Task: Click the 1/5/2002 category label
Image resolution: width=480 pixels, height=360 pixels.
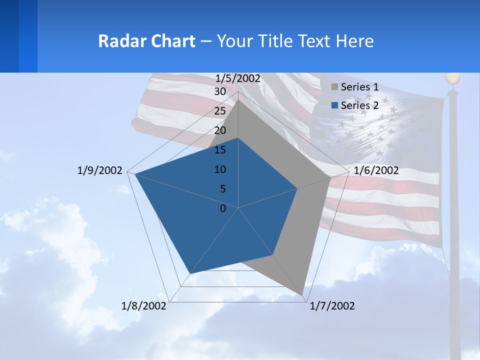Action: click(238, 78)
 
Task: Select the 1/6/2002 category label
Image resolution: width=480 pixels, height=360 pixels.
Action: click(376, 170)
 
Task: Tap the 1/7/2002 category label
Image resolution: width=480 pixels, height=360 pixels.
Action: click(332, 306)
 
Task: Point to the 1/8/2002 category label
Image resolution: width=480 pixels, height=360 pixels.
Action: click(144, 306)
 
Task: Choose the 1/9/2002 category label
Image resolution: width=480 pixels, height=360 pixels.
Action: click(100, 170)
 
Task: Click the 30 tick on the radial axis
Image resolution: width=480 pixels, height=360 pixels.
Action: click(220, 91)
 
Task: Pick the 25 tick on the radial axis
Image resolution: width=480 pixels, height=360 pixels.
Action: click(220, 111)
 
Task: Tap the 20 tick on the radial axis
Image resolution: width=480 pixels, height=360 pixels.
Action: click(220, 130)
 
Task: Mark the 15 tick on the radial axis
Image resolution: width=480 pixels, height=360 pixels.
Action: click(220, 150)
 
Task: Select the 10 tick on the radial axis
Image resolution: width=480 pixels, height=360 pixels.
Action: click(220, 169)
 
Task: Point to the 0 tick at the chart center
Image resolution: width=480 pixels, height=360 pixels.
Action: click(223, 208)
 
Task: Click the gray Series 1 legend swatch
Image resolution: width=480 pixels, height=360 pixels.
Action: click(334, 87)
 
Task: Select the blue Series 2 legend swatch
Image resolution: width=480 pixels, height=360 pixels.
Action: click(334, 105)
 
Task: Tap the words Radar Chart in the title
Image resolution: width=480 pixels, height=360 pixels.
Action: click(146, 41)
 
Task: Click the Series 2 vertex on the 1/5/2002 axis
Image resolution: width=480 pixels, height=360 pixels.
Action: click(238, 138)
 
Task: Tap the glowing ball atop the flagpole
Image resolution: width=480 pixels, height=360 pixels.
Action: click(453, 78)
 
